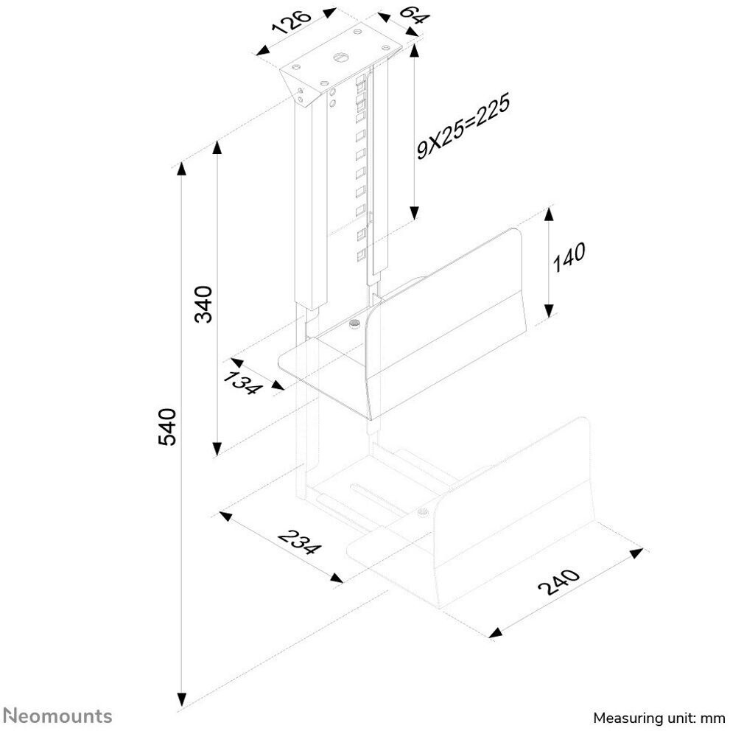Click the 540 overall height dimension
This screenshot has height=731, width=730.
point(167,426)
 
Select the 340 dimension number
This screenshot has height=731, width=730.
point(203,304)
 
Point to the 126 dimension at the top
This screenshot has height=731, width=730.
point(292,23)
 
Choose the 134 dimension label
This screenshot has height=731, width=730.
point(242,383)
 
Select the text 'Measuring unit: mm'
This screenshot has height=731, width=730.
point(659,718)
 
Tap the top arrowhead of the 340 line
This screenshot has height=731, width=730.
point(217,147)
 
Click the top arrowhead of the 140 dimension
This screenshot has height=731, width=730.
point(549,214)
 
